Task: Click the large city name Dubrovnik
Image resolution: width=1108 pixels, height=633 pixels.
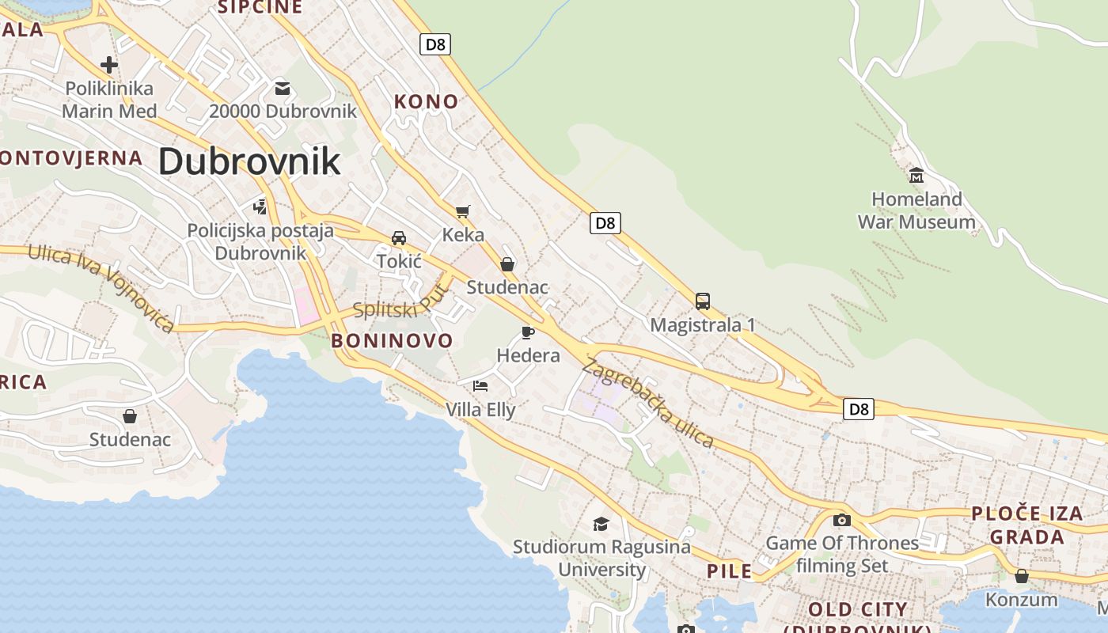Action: (x=249, y=161)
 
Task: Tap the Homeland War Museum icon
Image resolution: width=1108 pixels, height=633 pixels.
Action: (x=916, y=175)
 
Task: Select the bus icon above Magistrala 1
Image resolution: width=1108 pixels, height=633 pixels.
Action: (x=703, y=301)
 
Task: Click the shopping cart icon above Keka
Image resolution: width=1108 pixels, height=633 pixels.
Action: (x=462, y=211)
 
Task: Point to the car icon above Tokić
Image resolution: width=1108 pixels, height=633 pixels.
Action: (x=399, y=238)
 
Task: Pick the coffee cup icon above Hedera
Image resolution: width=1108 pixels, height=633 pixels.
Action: (x=528, y=332)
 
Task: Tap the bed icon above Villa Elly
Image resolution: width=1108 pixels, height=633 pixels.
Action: (x=480, y=386)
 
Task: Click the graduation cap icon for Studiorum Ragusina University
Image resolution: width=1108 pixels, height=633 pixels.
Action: (x=601, y=524)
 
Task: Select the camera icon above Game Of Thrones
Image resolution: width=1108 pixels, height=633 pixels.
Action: (x=842, y=520)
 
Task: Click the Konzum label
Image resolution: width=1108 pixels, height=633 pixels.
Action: (x=1021, y=599)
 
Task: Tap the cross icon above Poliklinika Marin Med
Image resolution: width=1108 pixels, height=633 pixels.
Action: (x=109, y=65)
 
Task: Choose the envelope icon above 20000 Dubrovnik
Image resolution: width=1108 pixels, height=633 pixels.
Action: (x=283, y=88)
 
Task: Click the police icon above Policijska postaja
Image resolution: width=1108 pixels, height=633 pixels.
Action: (x=260, y=207)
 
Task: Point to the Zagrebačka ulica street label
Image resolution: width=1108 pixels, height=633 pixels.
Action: (x=648, y=403)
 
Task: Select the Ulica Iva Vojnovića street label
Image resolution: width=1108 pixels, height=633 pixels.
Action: (x=101, y=288)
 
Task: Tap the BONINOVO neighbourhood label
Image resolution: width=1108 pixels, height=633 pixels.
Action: (x=392, y=341)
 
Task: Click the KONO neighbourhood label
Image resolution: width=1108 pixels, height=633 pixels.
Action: (x=426, y=101)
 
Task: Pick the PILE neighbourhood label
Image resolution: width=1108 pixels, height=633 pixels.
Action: (x=729, y=571)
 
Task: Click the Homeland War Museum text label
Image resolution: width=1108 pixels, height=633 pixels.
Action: (x=916, y=210)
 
